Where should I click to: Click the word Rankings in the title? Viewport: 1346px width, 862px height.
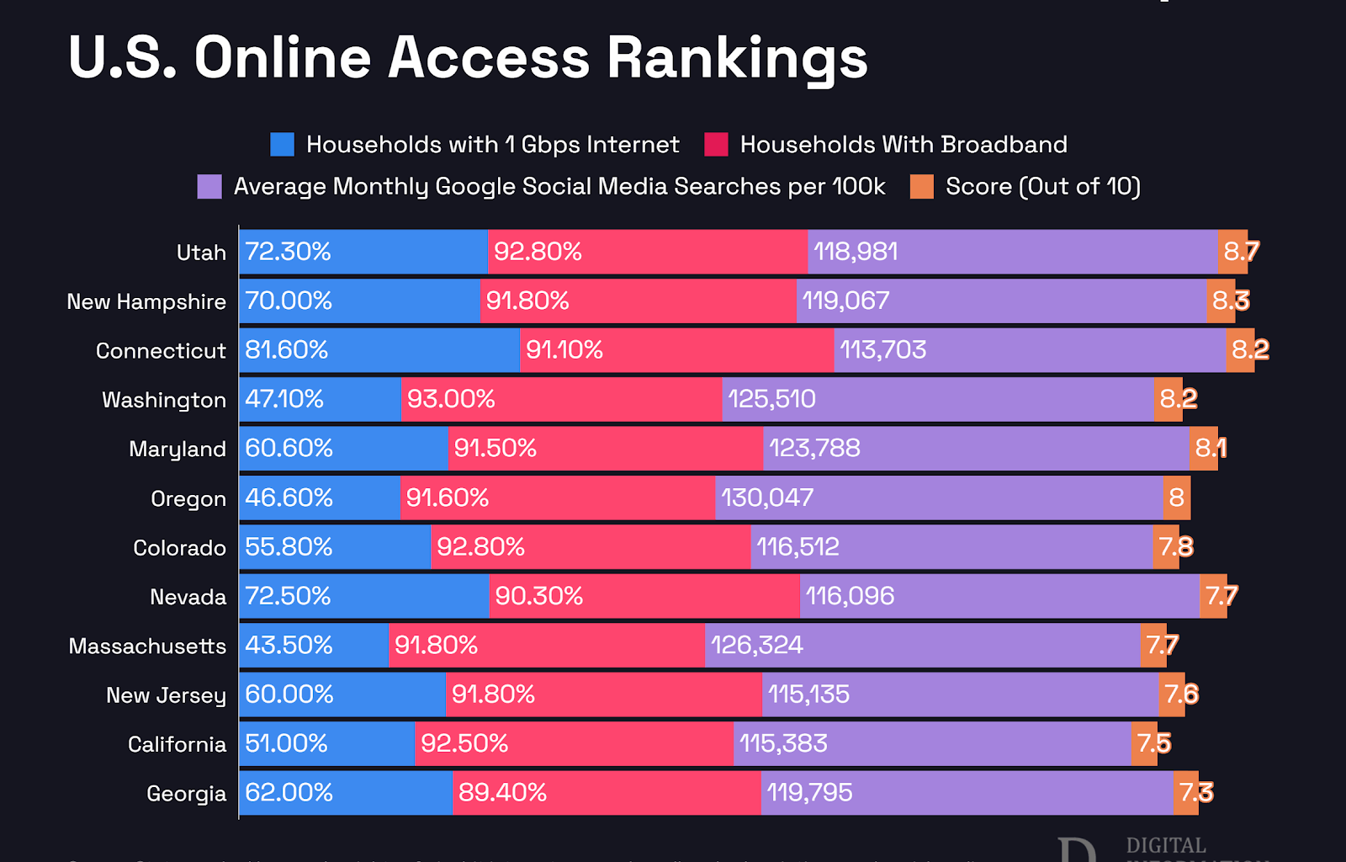click(x=736, y=59)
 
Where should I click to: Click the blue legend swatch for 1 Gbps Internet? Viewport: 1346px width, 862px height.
click(x=282, y=145)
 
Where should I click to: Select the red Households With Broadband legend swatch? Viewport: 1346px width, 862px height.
click(x=716, y=145)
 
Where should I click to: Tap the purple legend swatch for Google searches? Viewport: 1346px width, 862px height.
click(x=209, y=187)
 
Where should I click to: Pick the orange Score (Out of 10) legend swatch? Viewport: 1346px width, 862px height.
click(x=922, y=187)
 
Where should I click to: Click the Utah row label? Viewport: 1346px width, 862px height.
click(x=201, y=253)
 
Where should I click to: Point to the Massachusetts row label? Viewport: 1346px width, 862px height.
click(x=147, y=646)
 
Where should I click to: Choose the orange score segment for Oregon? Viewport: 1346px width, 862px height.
click(x=1177, y=498)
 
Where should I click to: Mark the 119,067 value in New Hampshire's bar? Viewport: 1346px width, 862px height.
click(x=845, y=301)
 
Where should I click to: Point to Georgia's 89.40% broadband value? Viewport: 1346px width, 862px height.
click(x=502, y=793)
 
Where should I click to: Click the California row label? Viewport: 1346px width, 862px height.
click(x=177, y=744)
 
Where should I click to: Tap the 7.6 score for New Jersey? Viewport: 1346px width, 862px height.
click(x=1181, y=694)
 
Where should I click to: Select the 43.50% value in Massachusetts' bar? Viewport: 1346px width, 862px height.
click(x=289, y=646)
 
